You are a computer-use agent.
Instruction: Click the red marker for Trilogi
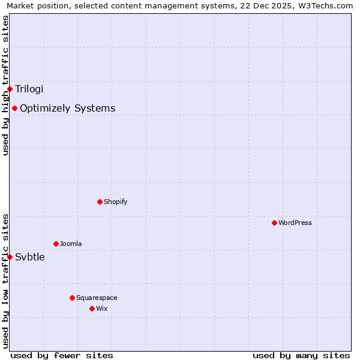pyautogui.click(x=10, y=89)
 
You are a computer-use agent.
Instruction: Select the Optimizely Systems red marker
pyautogui.click(x=14, y=108)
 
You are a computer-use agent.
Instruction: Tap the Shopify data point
pyautogui.click(x=100, y=202)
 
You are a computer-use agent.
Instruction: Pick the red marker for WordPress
pyautogui.click(x=274, y=223)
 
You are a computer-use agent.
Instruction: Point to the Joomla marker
pyautogui.click(x=56, y=244)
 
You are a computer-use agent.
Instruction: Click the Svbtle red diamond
pyautogui.click(x=10, y=257)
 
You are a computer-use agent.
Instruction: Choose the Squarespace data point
pyautogui.click(x=72, y=298)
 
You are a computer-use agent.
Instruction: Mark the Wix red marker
pyautogui.click(x=92, y=308)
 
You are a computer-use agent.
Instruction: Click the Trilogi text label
pyautogui.click(x=29, y=89)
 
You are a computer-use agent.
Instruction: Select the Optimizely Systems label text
pyautogui.click(x=68, y=108)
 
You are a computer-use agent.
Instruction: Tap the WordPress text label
pyautogui.click(x=295, y=223)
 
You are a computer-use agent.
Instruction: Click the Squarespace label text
pyautogui.click(x=97, y=298)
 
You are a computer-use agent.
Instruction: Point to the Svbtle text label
pyautogui.click(x=30, y=257)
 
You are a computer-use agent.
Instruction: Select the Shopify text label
pyautogui.click(x=116, y=202)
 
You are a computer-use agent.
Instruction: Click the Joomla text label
pyautogui.click(x=71, y=244)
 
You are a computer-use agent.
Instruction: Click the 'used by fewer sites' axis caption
pyautogui.click(x=62, y=355)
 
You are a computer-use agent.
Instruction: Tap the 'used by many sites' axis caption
pyautogui.click(x=301, y=355)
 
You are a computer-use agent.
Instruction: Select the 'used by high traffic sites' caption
pyautogui.click(x=5, y=85)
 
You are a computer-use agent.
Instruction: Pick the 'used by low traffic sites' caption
pyautogui.click(x=5, y=281)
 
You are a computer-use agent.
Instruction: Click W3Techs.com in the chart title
pyautogui.click(x=324, y=6)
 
